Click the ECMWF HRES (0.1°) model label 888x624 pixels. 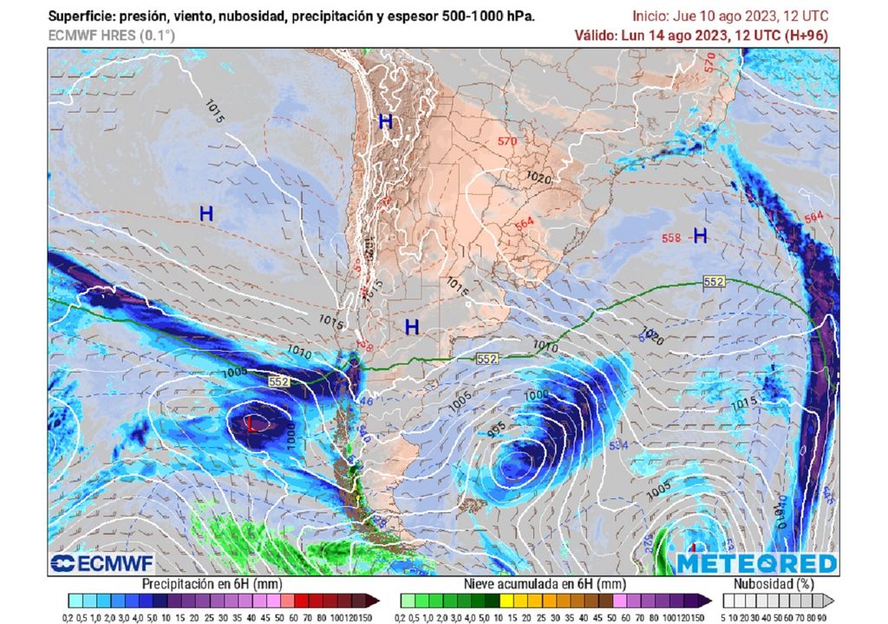coord(111,36)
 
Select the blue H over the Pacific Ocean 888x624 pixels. coord(206,213)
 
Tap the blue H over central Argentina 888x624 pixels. coord(412,327)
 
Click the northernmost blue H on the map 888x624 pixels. coord(385,122)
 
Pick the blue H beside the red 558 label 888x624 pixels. coord(700,235)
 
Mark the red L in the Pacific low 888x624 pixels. coord(251,425)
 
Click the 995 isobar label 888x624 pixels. coord(496,427)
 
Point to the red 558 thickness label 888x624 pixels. coord(671,237)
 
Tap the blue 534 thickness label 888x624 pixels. coord(619,445)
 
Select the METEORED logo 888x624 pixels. coord(757,564)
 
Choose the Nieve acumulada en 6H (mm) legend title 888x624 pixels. coord(545,584)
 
